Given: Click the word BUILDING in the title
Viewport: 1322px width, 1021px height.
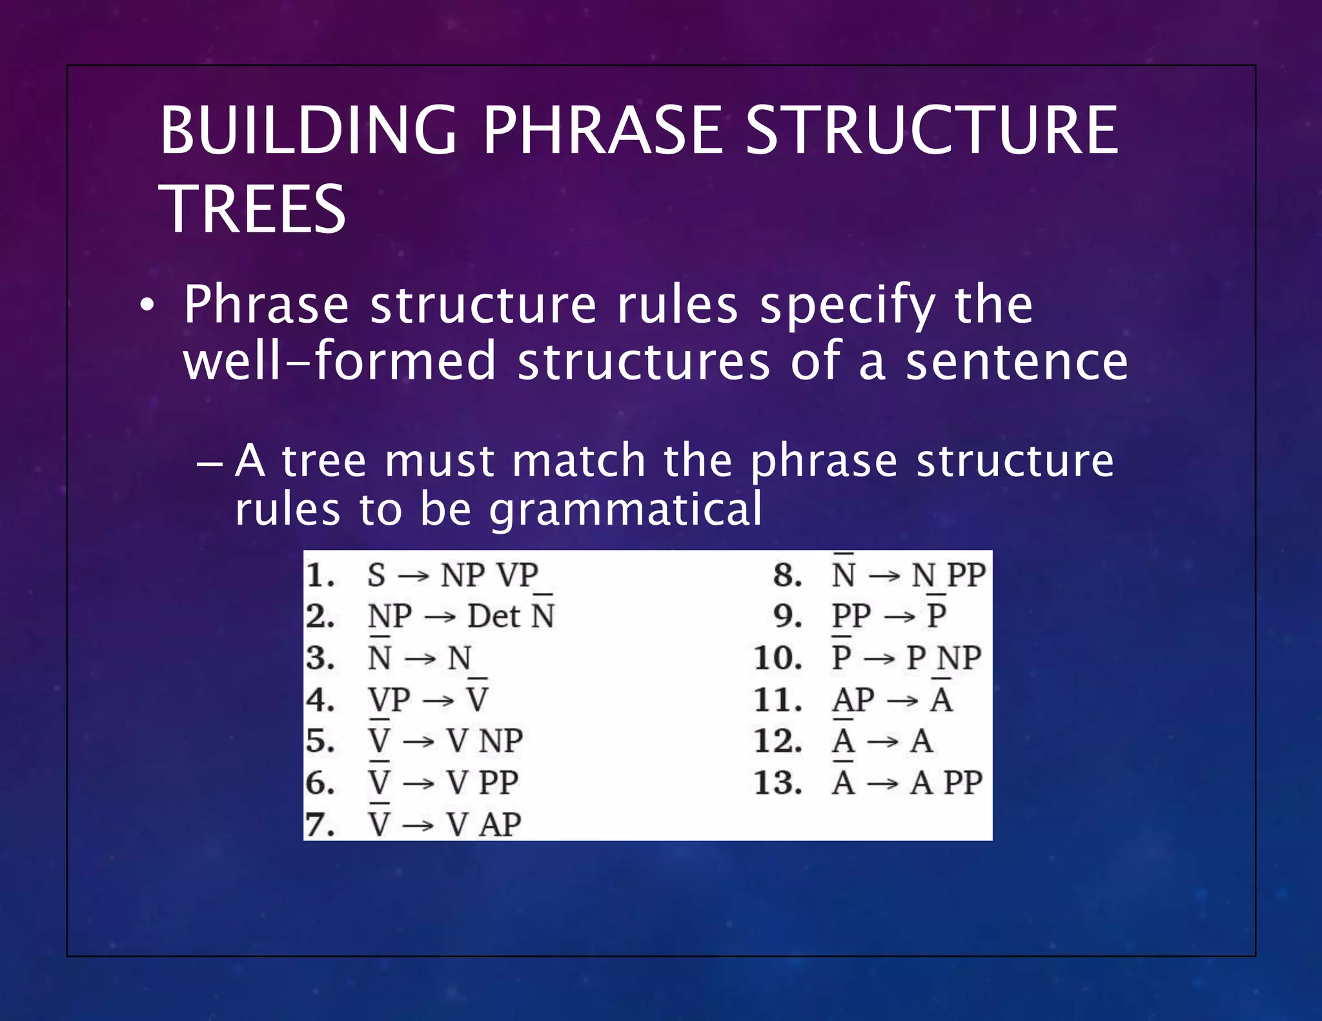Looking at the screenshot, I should [x=309, y=131].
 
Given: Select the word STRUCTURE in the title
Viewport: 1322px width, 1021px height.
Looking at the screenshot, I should [x=931, y=131].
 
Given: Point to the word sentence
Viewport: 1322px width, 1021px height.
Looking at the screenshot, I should [x=1017, y=362].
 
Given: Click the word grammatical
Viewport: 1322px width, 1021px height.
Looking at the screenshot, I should [x=625, y=510].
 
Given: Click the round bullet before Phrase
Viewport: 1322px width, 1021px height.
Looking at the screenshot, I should [x=147, y=307].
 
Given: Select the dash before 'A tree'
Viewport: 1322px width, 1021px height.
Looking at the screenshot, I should [x=210, y=463].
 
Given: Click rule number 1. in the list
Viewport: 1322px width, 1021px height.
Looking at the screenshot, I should [x=321, y=575].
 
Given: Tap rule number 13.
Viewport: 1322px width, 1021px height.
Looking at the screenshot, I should [x=778, y=783].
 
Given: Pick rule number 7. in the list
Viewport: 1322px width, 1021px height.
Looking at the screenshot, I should [x=321, y=825].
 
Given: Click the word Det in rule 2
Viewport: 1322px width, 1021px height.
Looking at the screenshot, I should [x=494, y=616].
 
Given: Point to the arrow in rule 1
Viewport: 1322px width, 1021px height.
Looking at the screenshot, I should [x=413, y=576].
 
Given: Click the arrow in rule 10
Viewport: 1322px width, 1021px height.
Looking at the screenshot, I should [x=879, y=659].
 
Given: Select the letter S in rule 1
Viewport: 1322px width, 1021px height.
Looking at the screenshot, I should [x=376, y=575].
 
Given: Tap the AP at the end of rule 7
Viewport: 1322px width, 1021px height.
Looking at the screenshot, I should [x=501, y=825].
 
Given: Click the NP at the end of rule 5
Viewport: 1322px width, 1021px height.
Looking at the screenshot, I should [x=501, y=741].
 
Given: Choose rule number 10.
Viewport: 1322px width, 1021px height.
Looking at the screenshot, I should [x=778, y=658].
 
